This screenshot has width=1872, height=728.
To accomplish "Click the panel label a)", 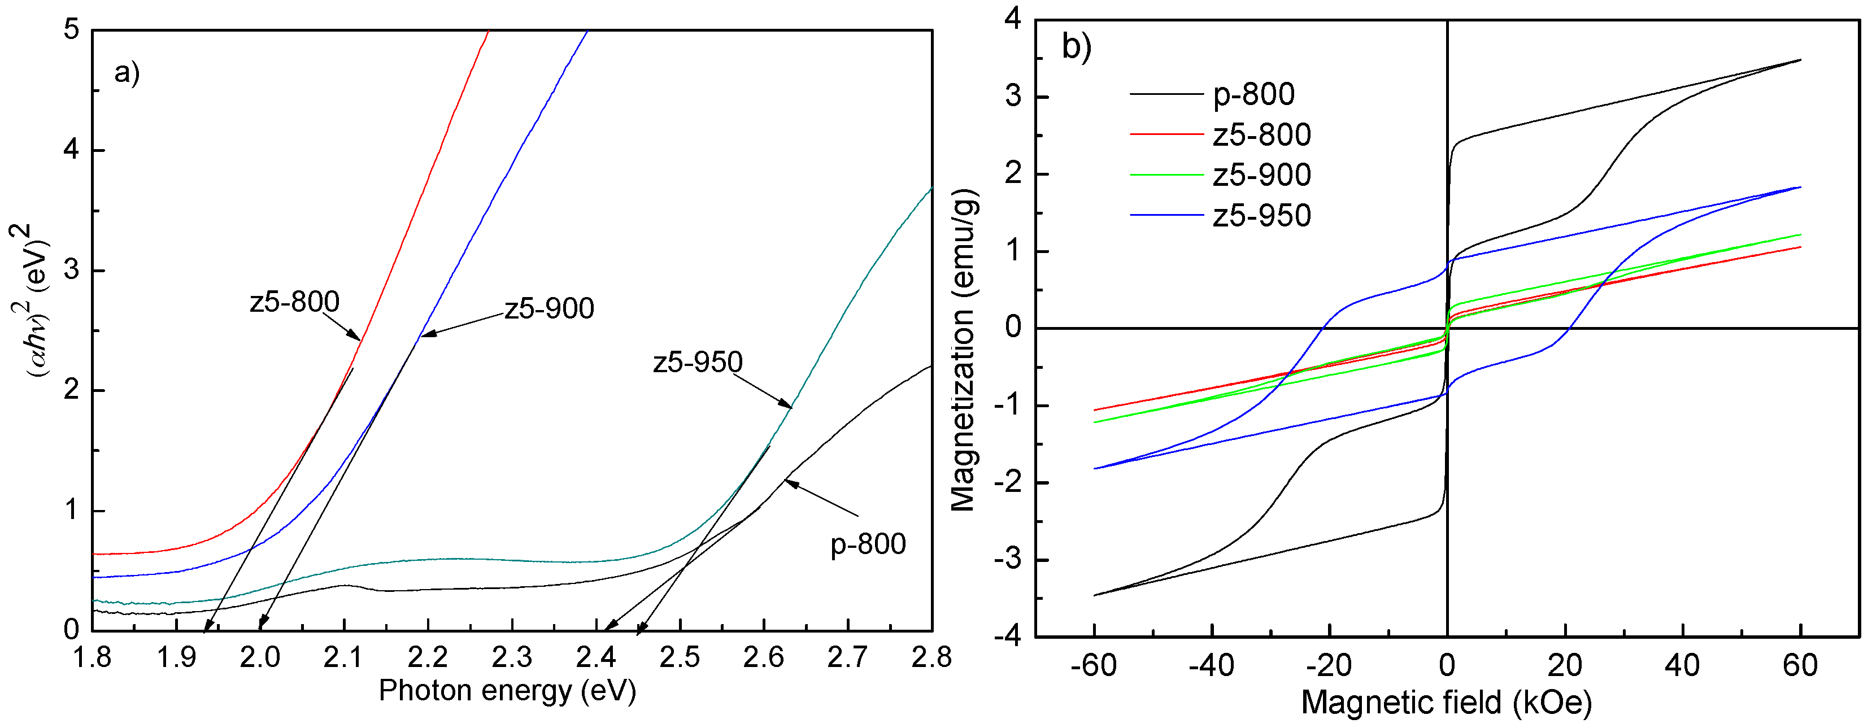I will tap(127, 73).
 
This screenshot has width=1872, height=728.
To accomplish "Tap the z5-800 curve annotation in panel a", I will tap(294, 302).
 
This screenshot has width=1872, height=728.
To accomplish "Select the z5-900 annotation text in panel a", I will tap(550, 309).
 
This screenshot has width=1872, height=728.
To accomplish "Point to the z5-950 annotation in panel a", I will tap(698, 362).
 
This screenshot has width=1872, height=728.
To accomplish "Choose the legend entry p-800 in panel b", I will tap(1253, 94).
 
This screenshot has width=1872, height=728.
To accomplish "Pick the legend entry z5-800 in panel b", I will tap(1261, 134).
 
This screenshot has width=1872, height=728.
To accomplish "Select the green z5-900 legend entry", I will tap(1261, 175).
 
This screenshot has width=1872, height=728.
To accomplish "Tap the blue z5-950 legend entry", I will tap(1261, 216).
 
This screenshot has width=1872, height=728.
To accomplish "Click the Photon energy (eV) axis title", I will tap(507, 690).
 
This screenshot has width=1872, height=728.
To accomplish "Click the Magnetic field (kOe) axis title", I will tap(1446, 703).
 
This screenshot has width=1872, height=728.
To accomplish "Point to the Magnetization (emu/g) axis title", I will tap(964, 350).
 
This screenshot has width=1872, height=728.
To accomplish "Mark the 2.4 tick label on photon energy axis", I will tap(596, 657).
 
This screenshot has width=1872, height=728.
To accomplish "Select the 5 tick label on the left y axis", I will tap(71, 30).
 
